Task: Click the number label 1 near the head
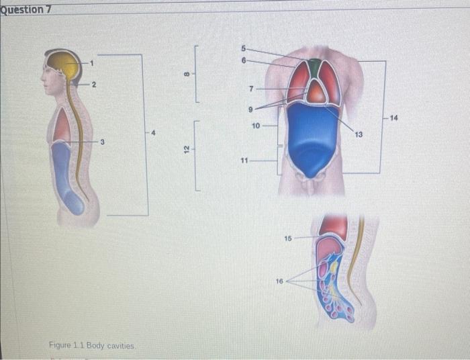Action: [93, 63]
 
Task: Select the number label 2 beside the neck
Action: [94, 85]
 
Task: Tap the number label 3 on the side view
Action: [102, 142]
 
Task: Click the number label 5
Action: [244, 48]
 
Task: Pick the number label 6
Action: [244, 60]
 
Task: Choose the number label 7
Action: [250, 89]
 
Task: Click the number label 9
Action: [250, 108]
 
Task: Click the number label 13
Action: [359, 135]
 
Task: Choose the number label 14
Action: [393, 118]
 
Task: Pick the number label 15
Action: [288, 238]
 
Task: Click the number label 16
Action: [279, 281]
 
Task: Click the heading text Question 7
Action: [27, 9]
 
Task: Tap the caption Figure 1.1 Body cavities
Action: [93, 345]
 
